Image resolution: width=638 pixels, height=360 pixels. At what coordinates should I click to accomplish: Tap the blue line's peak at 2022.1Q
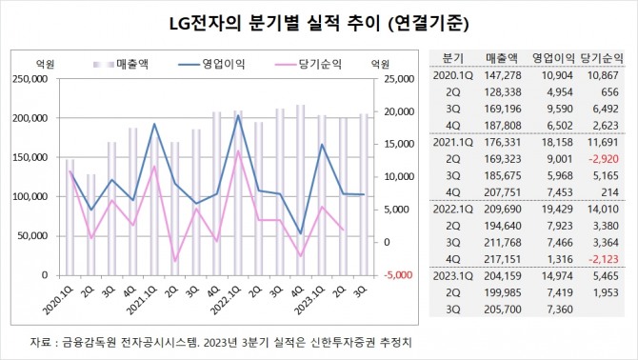[x=238, y=116]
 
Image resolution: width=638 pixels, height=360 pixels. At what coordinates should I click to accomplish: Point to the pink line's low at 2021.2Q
[x=174, y=261]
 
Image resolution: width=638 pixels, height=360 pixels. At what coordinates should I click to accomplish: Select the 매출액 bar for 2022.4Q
[x=301, y=190]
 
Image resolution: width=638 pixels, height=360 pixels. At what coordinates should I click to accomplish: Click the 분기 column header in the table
[x=453, y=58]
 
